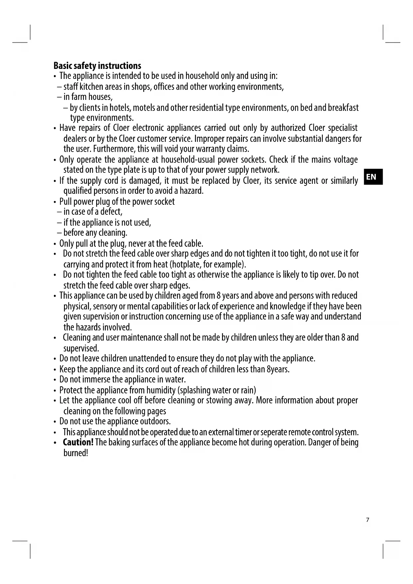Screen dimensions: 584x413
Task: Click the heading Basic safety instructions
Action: (x=97, y=66)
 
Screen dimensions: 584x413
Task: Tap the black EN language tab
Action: (x=373, y=177)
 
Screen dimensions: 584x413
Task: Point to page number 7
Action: (x=367, y=520)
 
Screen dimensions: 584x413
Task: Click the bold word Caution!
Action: (x=78, y=442)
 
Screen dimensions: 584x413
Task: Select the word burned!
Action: (x=76, y=453)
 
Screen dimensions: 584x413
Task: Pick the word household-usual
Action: (x=187, y=159)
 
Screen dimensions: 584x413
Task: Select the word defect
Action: (x=111, y=212)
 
